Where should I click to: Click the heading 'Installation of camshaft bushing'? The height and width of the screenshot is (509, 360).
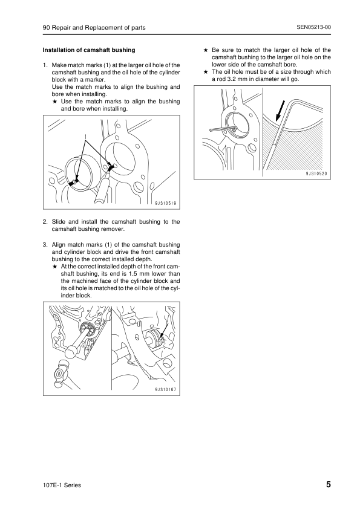[x=89, y=50]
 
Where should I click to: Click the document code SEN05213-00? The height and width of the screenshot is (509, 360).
[x=313, y=27]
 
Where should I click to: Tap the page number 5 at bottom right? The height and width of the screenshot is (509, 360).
[x=329, y=485]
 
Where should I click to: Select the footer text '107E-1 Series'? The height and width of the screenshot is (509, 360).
[x=62, y=485]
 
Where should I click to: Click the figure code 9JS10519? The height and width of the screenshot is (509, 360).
[x=166, y=204]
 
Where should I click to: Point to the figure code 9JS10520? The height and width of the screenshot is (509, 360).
[x=316, y=174]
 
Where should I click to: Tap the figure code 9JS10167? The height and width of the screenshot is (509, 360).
[x=166, y=389]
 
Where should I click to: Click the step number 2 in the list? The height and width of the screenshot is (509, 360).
[x=45, y=222]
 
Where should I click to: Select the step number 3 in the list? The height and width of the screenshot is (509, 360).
[x=45, y=245]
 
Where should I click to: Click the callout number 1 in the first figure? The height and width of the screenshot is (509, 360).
[x=85, y=136]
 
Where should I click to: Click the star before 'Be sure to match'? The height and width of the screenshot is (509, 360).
[x=206, y=50]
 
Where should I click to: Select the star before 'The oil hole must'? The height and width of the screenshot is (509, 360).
[x=206, y=72]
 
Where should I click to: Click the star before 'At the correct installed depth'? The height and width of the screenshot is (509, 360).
[x=55, y=267]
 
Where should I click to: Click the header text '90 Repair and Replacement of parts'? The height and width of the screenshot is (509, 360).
[x=94, y=28]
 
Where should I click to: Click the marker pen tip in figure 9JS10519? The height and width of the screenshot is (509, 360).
[x=109, y=170]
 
